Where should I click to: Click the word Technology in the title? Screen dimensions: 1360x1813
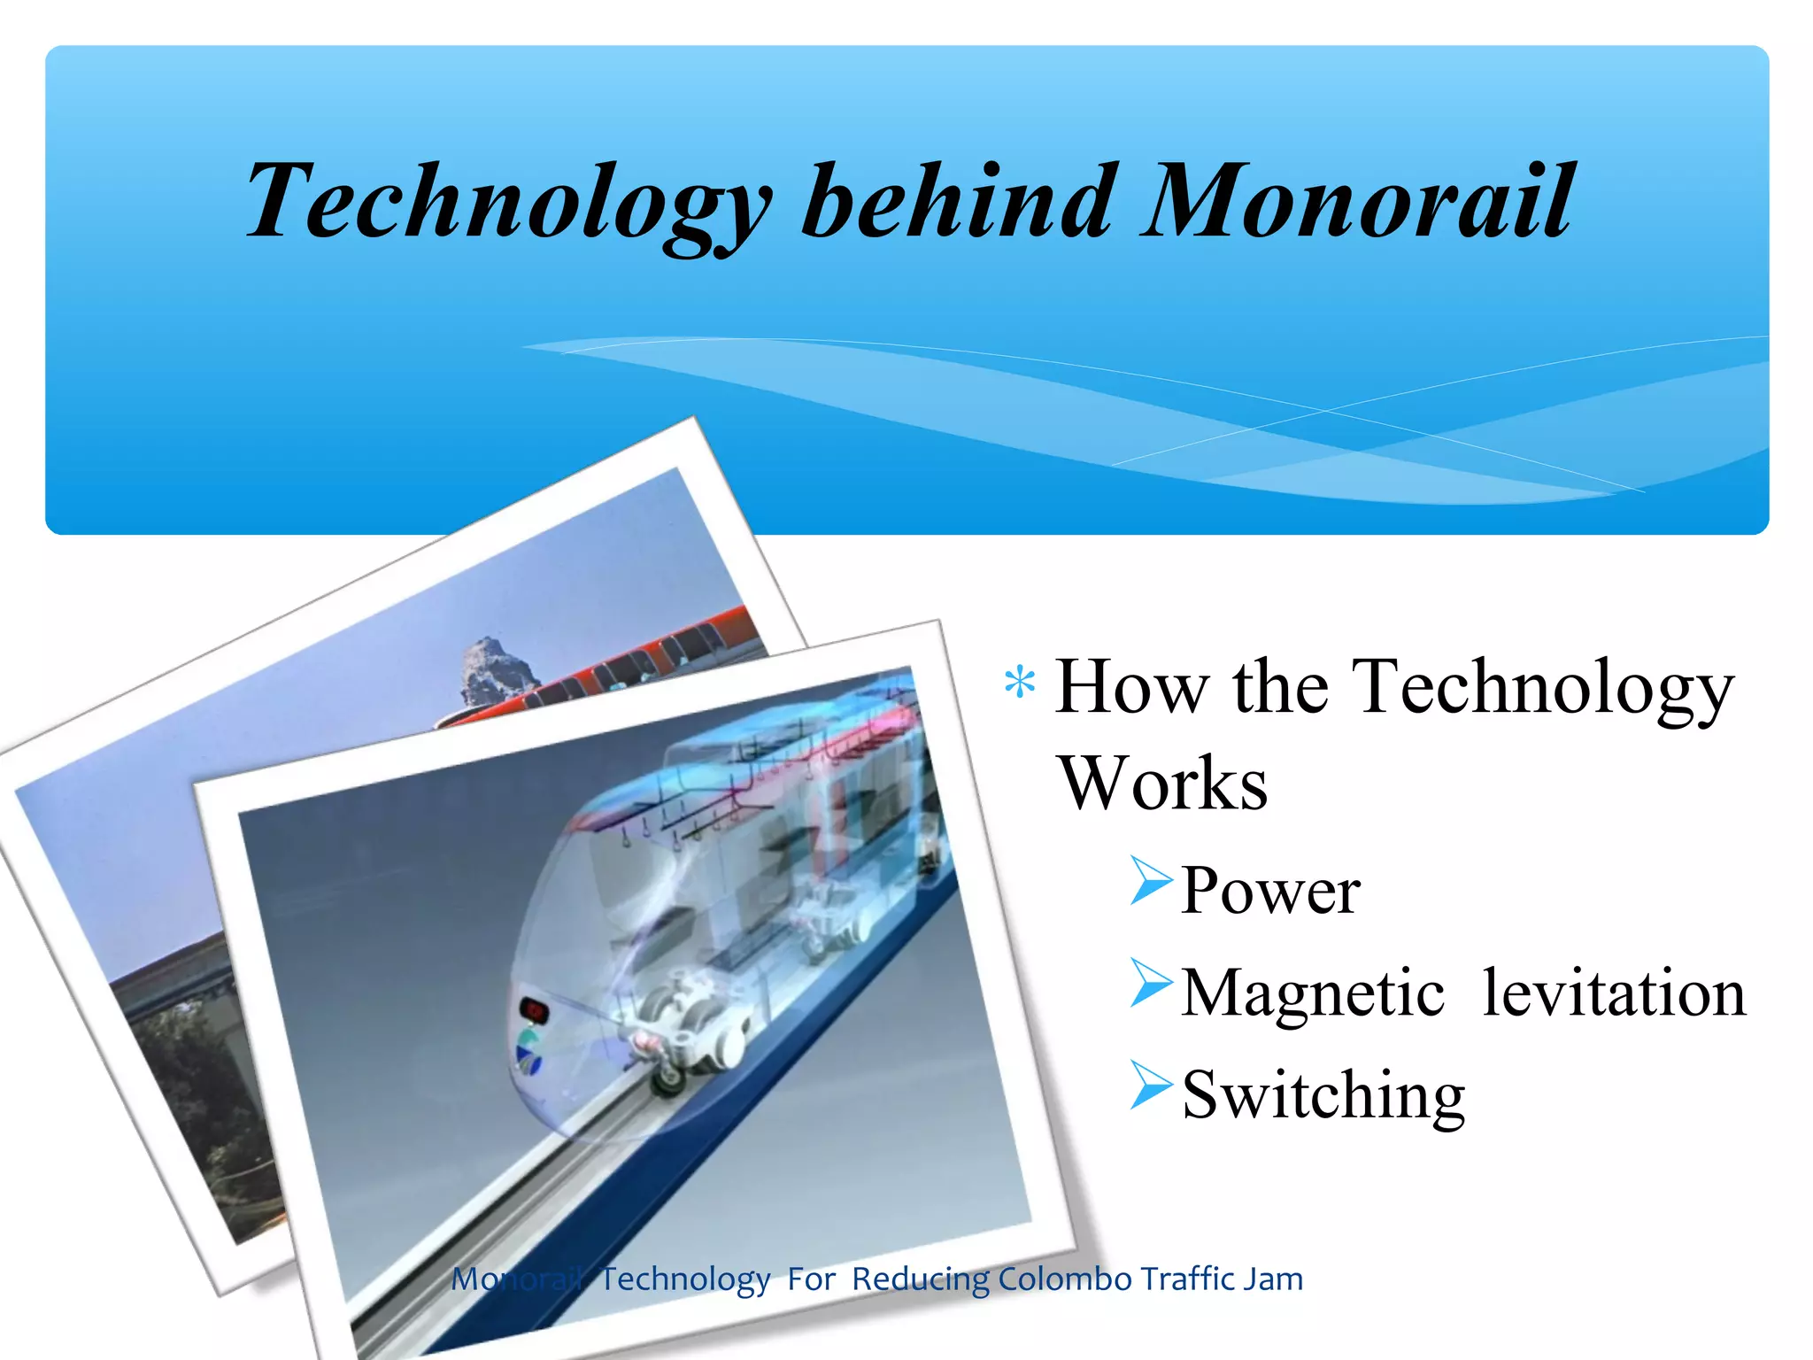pyautogui.click(x=509, y=202)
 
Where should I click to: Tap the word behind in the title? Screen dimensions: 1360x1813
pyautogui.click(x=956, y=202)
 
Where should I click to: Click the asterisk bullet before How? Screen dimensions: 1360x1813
pyautogui.click(x=1020, y=684)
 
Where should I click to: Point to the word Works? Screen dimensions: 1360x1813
pyautogui.click(x=1162, y=784)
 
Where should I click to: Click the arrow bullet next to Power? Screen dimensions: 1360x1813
pyautogui.click(x=1151, y=881)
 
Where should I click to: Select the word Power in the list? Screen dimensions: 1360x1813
pyautogui.click(x=1270, y=891)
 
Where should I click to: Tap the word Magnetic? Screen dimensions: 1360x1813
pyautogui.click(x=1313, y=993)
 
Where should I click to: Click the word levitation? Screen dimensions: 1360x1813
pyautogui.click(x=1614, y=993)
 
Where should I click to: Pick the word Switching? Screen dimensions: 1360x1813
pyautogui.click(x=1323, y=1096)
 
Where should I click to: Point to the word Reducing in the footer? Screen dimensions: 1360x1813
pyautogui.click(x=921, y=1279)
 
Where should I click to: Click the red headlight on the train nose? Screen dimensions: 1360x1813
pyautogui.click(x=534, y=1009)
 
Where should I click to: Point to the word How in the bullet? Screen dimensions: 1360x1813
pyautogui.click(x=1132, y=687)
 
